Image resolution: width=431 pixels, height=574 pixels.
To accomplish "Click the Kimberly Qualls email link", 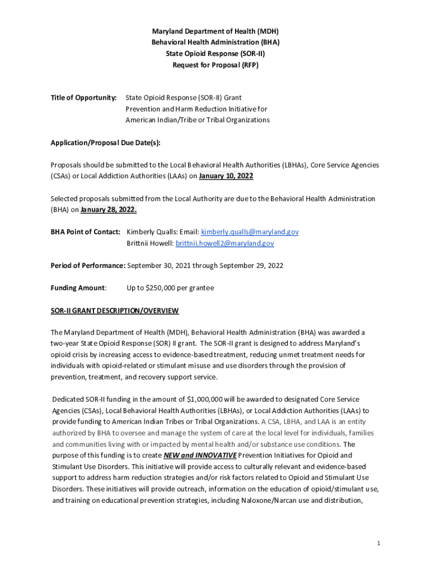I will click(x=250, y=232).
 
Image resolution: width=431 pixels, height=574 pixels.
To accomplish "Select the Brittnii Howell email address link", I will click(x=224, y=243).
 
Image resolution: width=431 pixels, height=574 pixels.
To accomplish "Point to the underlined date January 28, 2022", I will click(x=109, y=210).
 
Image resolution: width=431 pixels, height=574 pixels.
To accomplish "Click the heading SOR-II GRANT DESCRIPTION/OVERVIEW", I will click(x=115, y=311).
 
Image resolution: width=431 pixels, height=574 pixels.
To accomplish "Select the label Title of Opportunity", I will click(x=83, y=98).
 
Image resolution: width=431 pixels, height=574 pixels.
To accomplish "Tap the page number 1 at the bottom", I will click(x=379, y=543).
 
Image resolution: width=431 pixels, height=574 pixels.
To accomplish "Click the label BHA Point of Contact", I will click(x=86, y=232).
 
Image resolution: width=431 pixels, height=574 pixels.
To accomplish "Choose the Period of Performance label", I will click(x=88, y=266).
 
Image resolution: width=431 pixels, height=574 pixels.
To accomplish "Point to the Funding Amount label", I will click(x=78, y=288).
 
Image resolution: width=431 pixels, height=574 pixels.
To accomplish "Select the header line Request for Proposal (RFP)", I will click(x=215, y=65).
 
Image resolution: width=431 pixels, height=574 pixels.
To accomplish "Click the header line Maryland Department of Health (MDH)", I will click(x=215, y=31).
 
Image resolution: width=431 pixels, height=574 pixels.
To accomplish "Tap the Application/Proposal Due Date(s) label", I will click(x=105, y=142).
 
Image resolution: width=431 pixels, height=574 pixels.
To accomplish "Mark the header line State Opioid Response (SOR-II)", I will click(x=215, y=54).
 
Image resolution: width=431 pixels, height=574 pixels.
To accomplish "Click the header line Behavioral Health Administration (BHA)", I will click(x=215, y=43).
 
